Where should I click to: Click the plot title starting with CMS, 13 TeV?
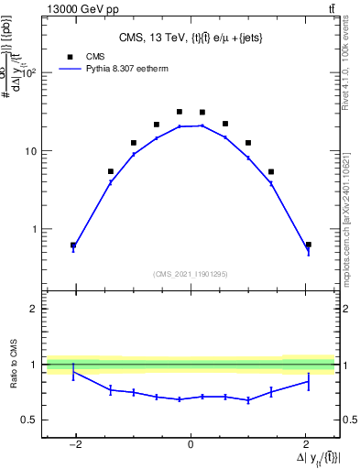point(190,38)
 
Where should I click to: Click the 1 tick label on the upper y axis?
point(38,229)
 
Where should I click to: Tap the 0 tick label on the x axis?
point(191,444)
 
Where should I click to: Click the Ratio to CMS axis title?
point(14,364)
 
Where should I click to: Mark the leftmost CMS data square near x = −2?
point(73,245)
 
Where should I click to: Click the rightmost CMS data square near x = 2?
point(308,245)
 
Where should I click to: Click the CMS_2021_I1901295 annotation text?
point(190,274)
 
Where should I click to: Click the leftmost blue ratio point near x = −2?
point(73,372)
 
